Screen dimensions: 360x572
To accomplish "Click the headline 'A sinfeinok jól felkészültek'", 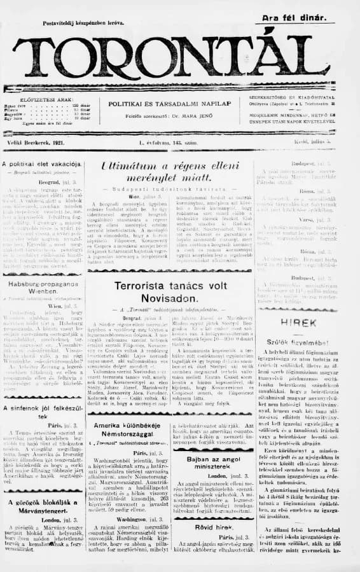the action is pos(43,411).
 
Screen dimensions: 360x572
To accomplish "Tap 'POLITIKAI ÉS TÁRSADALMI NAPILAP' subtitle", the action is pos(169,103).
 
